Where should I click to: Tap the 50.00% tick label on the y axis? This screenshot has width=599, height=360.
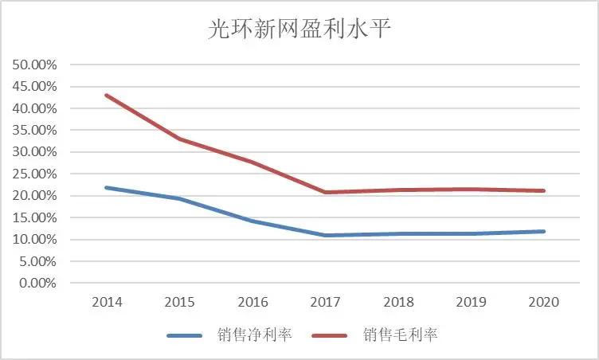click(34, 65)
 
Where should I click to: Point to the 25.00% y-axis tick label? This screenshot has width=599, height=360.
click(34, 174)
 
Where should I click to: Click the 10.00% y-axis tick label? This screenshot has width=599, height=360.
click(34, 239)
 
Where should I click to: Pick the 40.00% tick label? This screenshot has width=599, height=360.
click(34, 108)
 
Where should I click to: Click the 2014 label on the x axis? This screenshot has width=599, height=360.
click(106, 303)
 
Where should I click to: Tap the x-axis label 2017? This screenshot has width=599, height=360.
click(324, 303)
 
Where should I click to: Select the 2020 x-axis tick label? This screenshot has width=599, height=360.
click(543, 303)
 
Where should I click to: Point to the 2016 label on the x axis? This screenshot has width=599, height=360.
click(252, 303)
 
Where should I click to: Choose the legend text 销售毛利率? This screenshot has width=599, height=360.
click(400, 335)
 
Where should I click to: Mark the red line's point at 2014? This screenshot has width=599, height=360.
click(106, 96)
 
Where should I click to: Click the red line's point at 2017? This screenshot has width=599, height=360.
click(324, 192)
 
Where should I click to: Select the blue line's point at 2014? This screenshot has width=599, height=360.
click(106, 187)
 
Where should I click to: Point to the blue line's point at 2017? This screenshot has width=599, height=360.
click(324, 235)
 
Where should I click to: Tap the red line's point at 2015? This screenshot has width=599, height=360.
click(178, 139)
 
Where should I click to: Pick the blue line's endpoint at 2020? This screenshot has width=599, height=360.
click(543, 231)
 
